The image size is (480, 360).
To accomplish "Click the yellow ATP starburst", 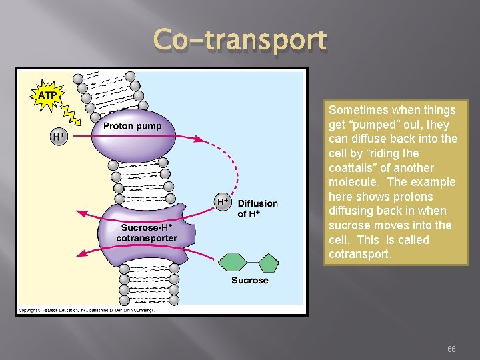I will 47,95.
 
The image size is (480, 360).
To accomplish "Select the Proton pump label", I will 132,126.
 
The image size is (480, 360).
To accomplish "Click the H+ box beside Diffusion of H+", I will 223,201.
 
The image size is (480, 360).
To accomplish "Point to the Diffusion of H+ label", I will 257,208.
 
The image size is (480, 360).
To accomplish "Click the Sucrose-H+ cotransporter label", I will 146,233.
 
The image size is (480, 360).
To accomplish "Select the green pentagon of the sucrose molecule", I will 268,262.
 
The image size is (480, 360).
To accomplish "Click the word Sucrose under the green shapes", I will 250,280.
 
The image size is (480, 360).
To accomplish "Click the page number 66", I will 451,349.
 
